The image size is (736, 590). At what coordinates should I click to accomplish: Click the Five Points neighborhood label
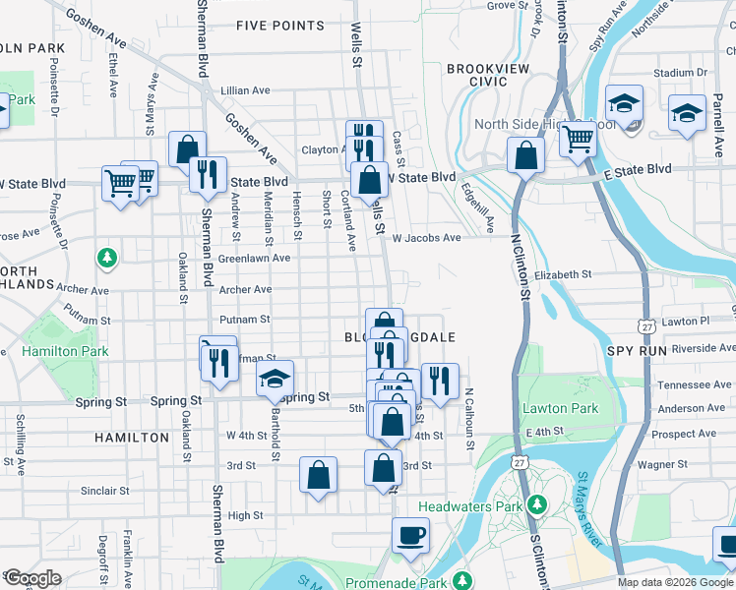coord(280,25)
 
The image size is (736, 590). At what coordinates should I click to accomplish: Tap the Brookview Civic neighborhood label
coord(488,75)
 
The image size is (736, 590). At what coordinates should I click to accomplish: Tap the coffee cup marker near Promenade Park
coord(410,536)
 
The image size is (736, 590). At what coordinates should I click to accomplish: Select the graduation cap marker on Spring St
coord(276,378)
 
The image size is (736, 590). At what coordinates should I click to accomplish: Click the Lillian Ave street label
coord(245,90)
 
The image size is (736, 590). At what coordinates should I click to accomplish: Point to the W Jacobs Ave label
coord(426,238)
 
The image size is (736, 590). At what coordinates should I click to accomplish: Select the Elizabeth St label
coord(564,275)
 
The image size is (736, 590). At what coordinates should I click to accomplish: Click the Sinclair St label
coord(104,490)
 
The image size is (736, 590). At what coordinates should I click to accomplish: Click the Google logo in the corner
coord(32,578)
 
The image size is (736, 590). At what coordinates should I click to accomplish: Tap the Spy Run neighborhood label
coord(638,351)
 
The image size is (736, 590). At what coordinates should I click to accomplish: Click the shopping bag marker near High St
coord(319,475)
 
